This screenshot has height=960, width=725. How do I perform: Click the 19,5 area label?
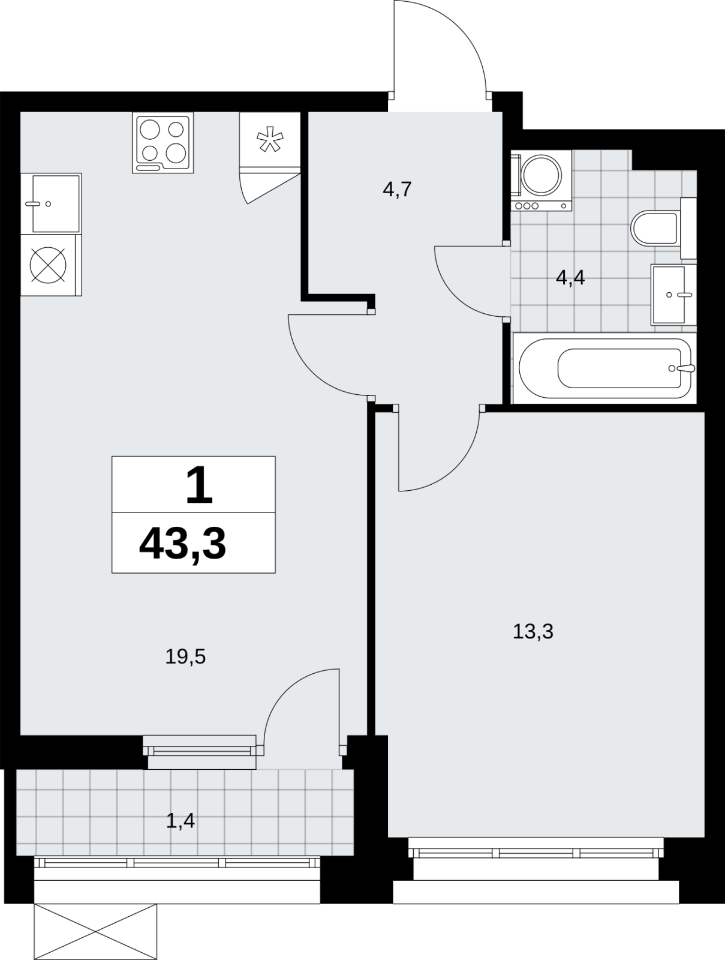point(185,657)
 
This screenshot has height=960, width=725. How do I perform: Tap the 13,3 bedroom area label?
point(533,632)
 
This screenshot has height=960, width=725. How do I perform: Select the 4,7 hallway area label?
point(397,190)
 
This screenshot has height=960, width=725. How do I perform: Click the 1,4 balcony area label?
point(181,821)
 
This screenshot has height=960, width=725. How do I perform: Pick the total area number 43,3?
point(183,544)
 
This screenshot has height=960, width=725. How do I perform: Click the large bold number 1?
point(199,485)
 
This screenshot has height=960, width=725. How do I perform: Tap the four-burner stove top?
point(163,143)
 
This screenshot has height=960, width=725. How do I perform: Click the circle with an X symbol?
point(48,265)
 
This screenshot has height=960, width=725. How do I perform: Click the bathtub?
point(604,368)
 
